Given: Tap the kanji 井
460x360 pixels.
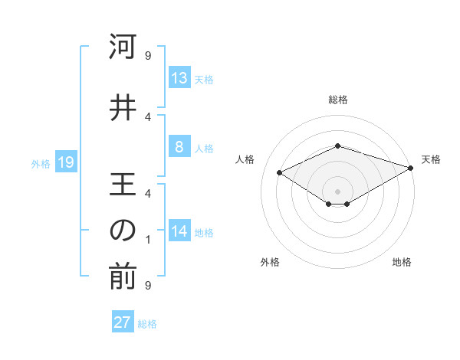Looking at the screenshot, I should point(123,108).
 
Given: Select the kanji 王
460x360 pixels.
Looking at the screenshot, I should point(123,185).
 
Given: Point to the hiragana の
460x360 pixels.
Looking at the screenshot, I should point(123,231).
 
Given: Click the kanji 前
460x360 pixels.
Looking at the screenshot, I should point(123,278).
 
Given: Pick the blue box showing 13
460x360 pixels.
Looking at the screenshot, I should point(179,78).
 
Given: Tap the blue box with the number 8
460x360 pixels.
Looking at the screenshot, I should point(179,147).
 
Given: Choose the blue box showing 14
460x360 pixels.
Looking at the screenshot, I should point(179,231).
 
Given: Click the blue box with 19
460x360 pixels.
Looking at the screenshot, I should point(66,162).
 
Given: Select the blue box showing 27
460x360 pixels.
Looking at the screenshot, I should point(123,322).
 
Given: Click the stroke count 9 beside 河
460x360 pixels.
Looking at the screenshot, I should point(147,55).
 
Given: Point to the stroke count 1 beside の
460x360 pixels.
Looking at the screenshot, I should point(147,240).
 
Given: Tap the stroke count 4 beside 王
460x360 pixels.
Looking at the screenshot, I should point(147,193).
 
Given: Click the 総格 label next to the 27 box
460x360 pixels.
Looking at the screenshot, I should point(147,324).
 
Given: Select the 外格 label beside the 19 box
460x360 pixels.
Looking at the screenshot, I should point(41,164).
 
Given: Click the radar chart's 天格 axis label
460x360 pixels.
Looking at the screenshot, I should point(431,159).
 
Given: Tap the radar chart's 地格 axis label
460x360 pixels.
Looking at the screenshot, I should point(402,262).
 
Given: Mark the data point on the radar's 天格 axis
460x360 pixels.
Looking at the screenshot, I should point(411,167).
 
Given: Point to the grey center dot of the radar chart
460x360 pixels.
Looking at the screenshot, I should point(337,191).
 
